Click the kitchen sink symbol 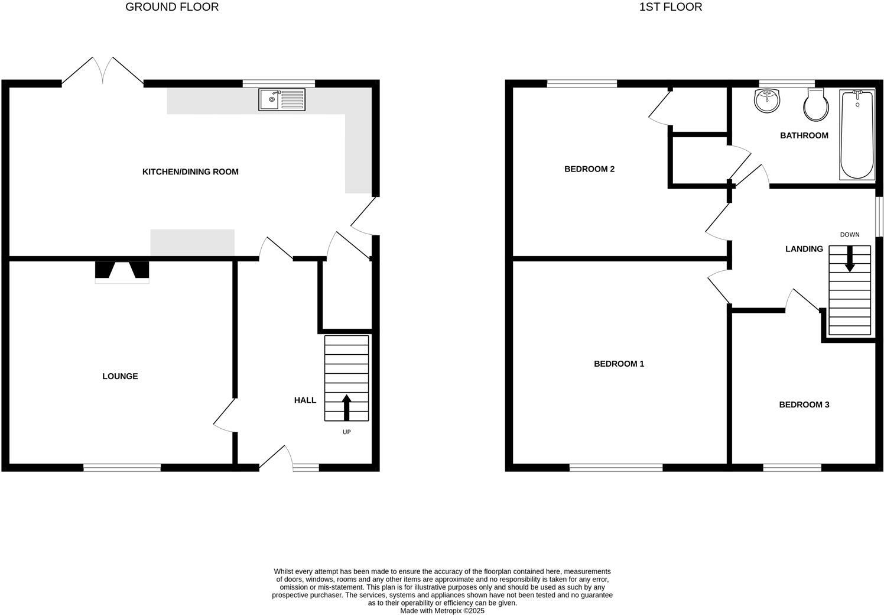click(x=282, y=99)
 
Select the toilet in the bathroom click(x=815, y=105)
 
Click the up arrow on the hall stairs click(x=347, y=407)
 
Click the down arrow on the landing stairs click(x=850, y=259)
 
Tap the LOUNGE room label click(x=120, y=376)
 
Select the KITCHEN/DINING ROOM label click(x=190, y=172)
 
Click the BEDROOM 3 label click(x=804, y=405)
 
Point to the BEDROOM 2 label click(x=589, y=169)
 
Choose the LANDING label click(x=804, y=249)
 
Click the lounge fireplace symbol click(x=122, y=272)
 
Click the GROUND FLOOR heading click(x=172, y=7)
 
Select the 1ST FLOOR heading click(x=671, y=7)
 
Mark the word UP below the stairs click(x=347, y=432)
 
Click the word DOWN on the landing click(x=850, y=235)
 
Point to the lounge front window click(x=122, y=468)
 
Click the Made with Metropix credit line click(x=442, y=611)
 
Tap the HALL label click(x=305, y=400)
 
